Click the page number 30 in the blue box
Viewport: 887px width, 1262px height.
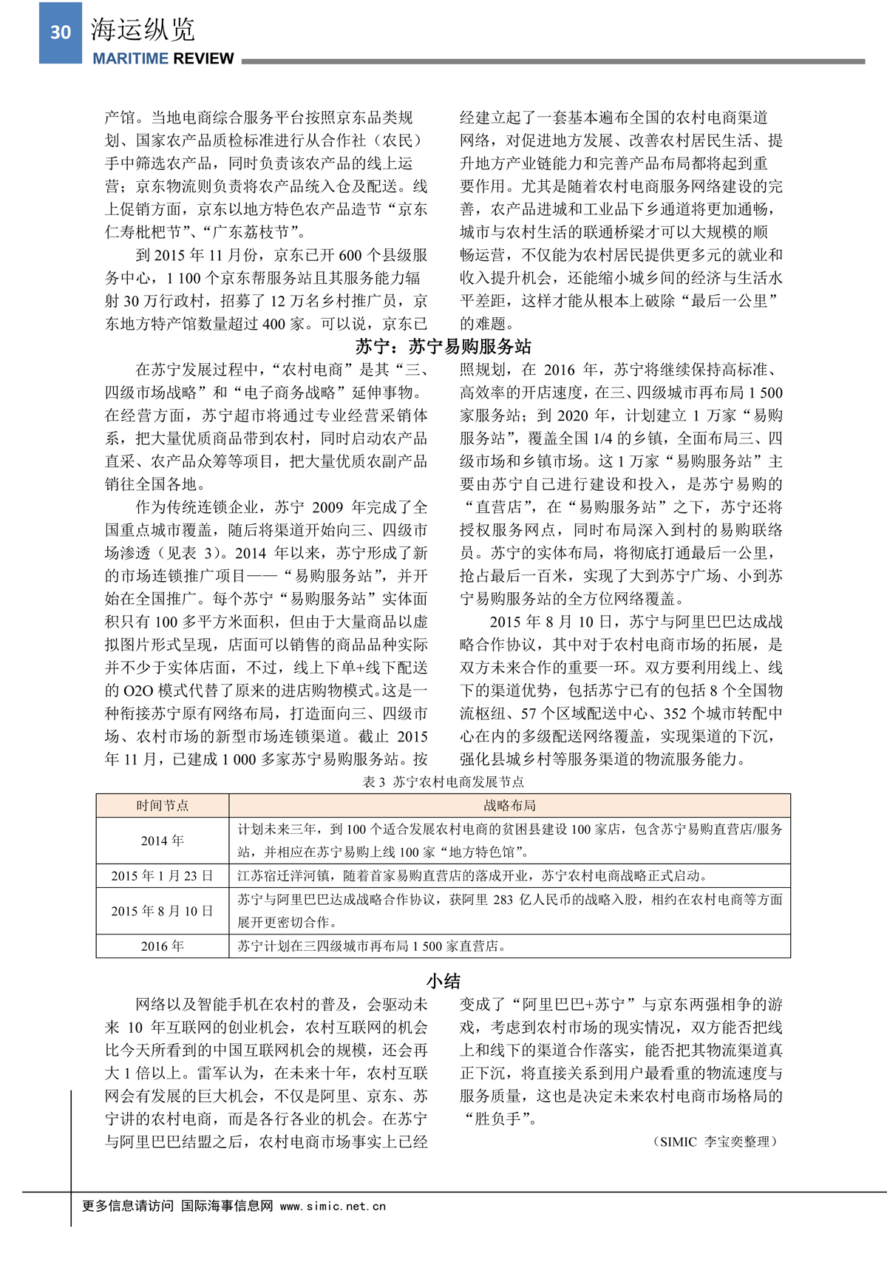click(61, 32)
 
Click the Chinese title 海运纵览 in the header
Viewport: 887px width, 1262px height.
click(143, 30)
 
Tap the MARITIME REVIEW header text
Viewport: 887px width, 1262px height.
click(163, 58)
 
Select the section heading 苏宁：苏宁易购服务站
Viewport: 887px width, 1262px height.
click(443, 346)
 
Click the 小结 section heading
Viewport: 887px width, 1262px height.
click(443, 980)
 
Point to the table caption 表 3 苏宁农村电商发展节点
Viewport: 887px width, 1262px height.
click(443, 781)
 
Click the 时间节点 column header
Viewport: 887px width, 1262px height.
click(163, 805)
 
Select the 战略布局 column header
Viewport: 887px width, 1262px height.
click(509, 805)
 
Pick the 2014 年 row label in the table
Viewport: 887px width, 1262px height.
click(163, 841)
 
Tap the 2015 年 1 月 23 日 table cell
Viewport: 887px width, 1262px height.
click(163, 875)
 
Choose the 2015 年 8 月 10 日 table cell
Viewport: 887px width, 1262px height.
click(163, 911)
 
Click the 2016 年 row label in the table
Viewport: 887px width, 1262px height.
click(163, 946)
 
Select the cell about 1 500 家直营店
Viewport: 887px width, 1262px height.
click(371, 946)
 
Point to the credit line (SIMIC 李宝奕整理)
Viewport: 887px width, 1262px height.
click(715, 1141)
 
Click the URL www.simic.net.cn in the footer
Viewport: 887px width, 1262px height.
click(333, 1206)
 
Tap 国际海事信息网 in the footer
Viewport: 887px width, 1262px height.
click(227, 1206)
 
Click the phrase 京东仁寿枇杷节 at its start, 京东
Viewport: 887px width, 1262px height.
click(412, 209)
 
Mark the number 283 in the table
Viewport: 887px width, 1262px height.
click(503, 900)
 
